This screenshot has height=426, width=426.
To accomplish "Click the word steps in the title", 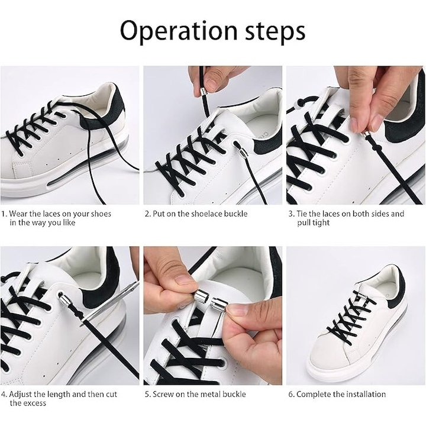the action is (x=275, y=32).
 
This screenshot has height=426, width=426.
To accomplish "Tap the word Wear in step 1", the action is (x=18, y=214).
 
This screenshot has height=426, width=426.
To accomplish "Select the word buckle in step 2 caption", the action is (x=235, y=214).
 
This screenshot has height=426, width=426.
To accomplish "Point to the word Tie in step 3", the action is (x=302, y=214).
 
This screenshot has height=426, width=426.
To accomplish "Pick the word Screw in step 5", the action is (x=163, y=394).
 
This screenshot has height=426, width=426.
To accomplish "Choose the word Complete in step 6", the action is (x=313, y=395).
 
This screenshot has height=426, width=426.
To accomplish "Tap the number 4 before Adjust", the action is (x=4, y=395).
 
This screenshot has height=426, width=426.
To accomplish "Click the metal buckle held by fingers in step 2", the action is (x=203, y=91).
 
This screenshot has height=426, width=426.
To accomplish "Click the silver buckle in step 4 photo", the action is (x=65, y=299).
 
